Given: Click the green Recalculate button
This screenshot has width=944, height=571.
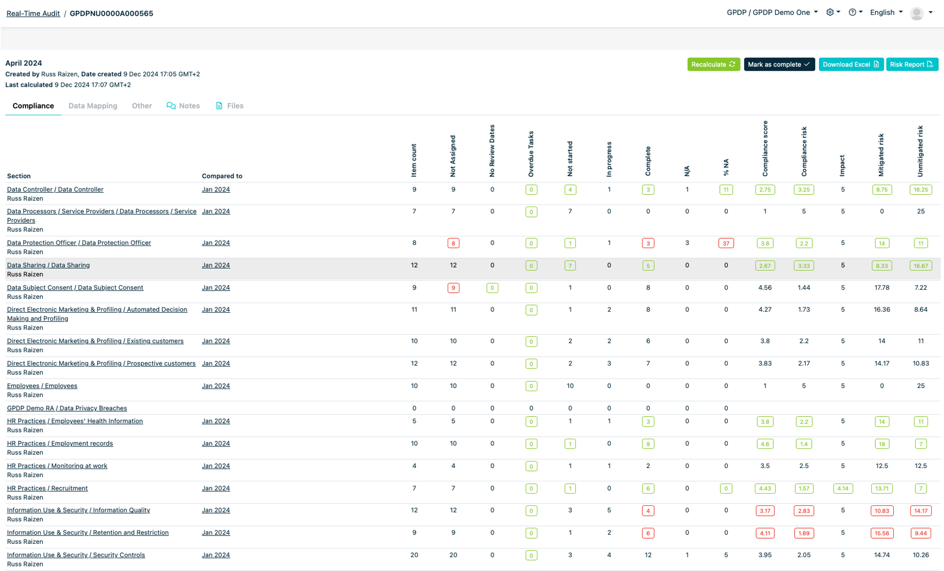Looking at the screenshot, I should click(713, 65).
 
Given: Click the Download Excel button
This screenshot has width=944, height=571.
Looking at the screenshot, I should click(850, 65).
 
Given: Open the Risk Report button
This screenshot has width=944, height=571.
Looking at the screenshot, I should click(911, 65).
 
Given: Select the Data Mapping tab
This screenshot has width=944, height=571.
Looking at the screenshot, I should click(93, 106).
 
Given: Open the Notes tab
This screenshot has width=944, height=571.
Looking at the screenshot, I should click(183, 106).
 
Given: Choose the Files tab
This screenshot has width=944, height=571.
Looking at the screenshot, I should click(230, 106).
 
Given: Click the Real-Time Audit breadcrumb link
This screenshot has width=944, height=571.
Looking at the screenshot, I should click(33, 13).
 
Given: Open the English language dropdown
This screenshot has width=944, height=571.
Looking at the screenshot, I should click(886, 12).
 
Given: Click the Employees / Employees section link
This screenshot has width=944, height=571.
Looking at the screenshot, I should click(42, 386).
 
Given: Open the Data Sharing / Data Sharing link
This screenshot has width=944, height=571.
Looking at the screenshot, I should click(48, 266).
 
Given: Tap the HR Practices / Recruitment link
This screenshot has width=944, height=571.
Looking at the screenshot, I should click(47, 488).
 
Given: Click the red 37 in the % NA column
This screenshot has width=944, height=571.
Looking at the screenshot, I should click(726, 243).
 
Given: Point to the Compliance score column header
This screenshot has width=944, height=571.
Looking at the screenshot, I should click(765, 149).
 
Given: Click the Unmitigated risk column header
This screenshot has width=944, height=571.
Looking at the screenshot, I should click(920, 151).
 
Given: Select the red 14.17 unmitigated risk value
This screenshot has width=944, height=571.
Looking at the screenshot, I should click(920, 511).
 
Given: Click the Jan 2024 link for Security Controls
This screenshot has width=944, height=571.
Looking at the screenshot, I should click(216, 555).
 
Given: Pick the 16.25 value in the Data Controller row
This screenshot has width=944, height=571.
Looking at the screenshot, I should click(920, 190).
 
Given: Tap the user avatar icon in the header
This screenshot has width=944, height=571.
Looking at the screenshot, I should click(916, 13).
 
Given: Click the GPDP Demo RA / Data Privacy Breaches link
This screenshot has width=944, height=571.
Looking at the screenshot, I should click(67, 409).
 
